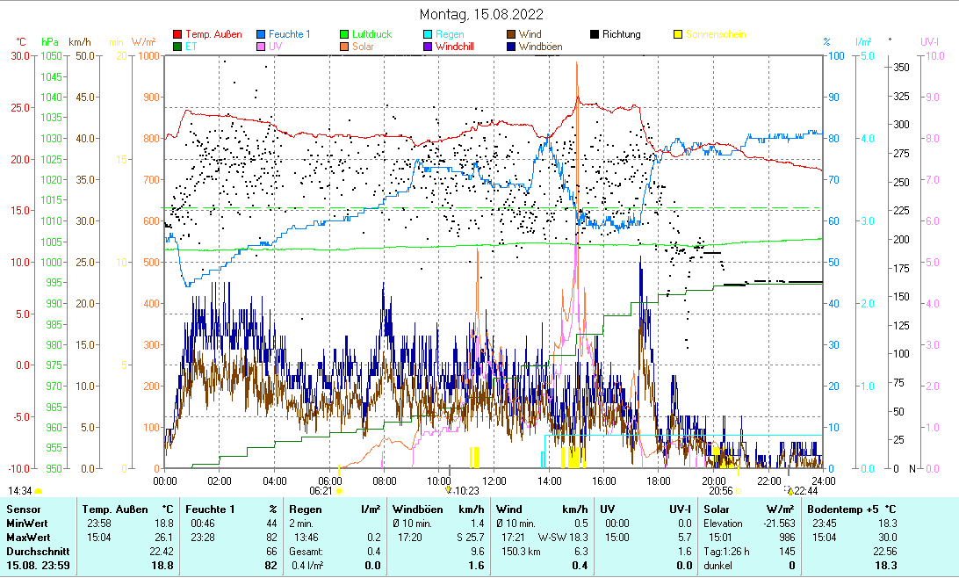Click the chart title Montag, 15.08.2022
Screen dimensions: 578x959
coord(481,14)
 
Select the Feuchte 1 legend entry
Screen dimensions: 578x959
coord(289,34)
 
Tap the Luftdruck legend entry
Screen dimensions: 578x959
coord(371,34)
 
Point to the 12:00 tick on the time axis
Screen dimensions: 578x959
coord(494,480)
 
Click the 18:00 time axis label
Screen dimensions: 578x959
coord(659,480)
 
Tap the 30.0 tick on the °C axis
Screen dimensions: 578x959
coord(18,55)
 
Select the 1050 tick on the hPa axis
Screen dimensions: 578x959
coord(51,55)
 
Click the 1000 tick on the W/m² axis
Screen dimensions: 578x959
coord(148,55)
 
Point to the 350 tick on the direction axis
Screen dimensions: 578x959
coord(900,67)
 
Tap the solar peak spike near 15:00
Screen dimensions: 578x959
coord(577,66)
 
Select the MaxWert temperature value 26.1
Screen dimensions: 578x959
coord(162,537)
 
